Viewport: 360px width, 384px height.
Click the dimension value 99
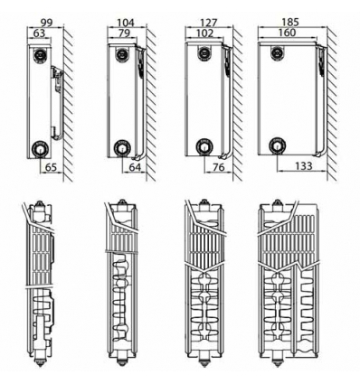[47, 23]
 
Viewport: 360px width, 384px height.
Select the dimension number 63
[39, 33]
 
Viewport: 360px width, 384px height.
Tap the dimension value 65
[51, 166]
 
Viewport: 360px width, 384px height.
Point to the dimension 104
[126, 23]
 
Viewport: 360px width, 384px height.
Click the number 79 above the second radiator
[124, 33]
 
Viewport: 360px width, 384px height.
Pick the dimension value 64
[135, 166]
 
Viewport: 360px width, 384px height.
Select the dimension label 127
[209, 23]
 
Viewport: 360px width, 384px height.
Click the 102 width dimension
[204, 33]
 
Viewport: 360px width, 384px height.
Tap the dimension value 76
[218, 166]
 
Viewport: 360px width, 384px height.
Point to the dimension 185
[290, 22]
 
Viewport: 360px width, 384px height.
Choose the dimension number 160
[287, 33]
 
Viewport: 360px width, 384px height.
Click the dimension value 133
[304, 165]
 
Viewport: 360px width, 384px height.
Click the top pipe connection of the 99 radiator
[40, 55]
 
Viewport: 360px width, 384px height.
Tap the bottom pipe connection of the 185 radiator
[277, 145]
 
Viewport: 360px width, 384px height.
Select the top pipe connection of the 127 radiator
[204, 53]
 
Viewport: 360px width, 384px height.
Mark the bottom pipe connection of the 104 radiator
[122, 148]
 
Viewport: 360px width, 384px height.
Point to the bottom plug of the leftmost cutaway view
[40, 359]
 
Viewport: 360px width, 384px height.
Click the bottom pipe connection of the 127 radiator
[204, 147]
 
